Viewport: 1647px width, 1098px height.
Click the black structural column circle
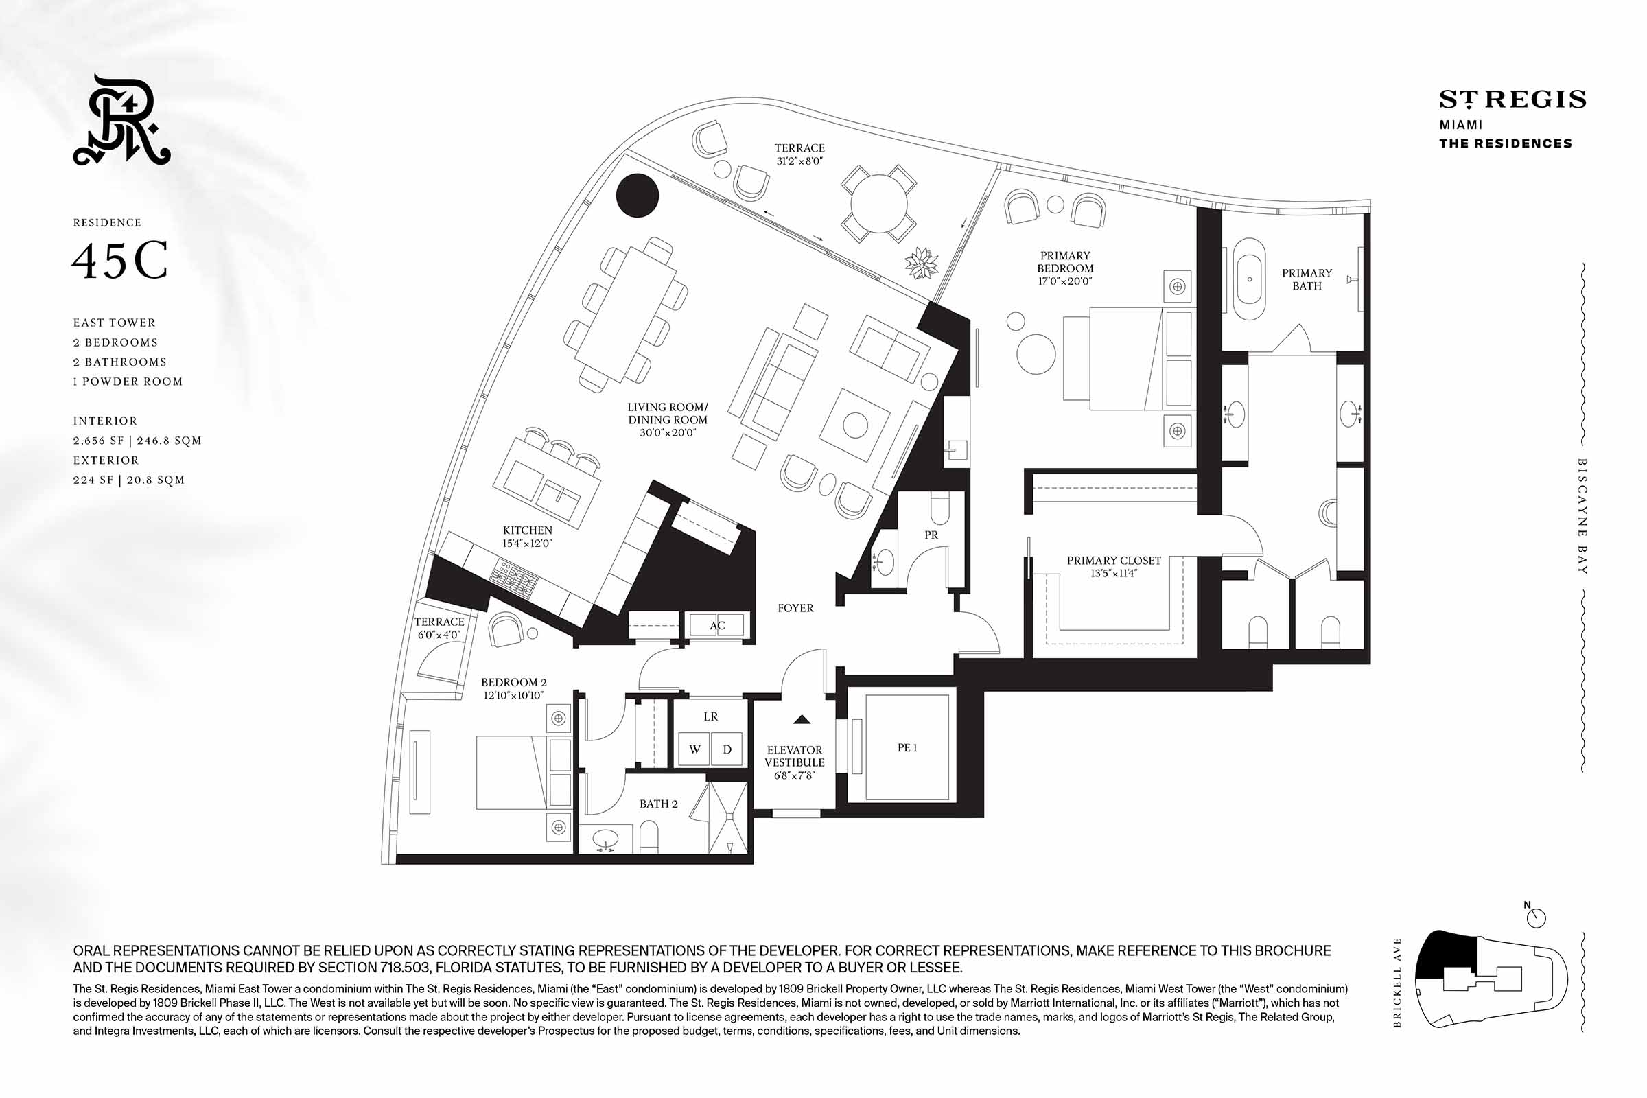pyautogui.click(x=638, y=196)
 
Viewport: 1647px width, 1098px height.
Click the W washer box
pyautogui.click(x=694, y=749)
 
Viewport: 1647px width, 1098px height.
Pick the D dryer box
pyautogui.click(x=727, y=749)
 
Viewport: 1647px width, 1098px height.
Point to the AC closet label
pyautogui.click(x=717, y=625)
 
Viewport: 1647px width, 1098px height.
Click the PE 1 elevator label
pyautogui.click(x=907, y=748)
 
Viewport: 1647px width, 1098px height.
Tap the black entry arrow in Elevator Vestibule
pyautogui.click(x=802, y=719)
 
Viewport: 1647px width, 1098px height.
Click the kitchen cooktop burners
pyautogui.click(x=515, y=577)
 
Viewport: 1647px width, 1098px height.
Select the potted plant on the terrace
pyautogui.click(x=922, y=264)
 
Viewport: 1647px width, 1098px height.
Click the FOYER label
pyautogui.click(x=795, y=608)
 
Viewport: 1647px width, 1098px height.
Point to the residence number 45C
pyautogui.click(x=121, y=261)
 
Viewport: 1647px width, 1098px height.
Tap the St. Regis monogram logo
pyautogui.click(x=122, y=119)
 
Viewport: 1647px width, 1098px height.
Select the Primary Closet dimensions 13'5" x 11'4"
pyautogui.click(x=1113, y=573)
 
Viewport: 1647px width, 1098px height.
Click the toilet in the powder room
pyautogui.click(x=939, y=507)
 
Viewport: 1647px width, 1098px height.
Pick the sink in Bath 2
pyautogui.click(x=605, y=839)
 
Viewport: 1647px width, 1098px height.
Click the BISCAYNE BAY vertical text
pyautogui.click(x=1582, y=516)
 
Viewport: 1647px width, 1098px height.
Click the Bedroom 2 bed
pyautogui.click(x=524, y=773)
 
